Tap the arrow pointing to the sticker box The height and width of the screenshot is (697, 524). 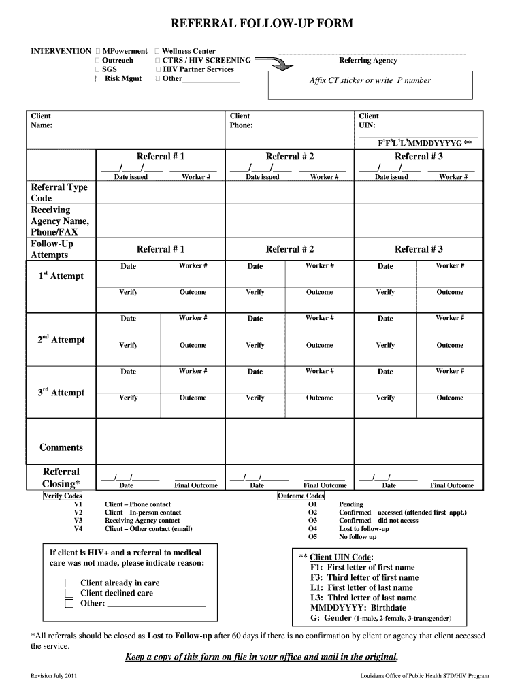coord(276,64)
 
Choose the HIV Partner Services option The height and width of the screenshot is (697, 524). coord(198,69)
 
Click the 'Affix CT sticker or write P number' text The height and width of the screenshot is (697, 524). coord(370,80)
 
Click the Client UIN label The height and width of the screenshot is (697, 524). coord(370,120)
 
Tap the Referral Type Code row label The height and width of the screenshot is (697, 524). coord(59,193)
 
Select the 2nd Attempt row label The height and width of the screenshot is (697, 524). coord(61,340)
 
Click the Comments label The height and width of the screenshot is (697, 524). coord(61,447)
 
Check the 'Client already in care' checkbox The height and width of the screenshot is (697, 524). coord(69,583)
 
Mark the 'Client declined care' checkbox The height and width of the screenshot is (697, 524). coord(69,594)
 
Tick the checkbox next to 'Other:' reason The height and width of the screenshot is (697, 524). coord(69,604)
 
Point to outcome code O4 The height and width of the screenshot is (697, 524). coord(312,529)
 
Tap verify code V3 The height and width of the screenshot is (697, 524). coord(78,521)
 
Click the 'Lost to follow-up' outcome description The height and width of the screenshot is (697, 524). coord(364,529)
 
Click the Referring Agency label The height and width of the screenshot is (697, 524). coord(368,61)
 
